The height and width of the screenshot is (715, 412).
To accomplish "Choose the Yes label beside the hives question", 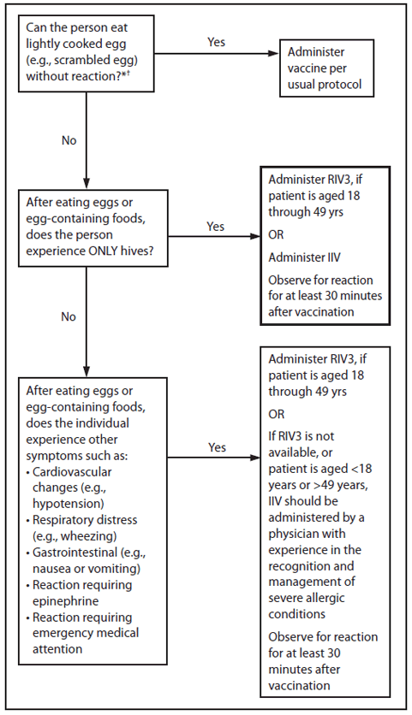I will (x=216, y=227).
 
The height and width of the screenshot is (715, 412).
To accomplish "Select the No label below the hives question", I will (x=69, y=316).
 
